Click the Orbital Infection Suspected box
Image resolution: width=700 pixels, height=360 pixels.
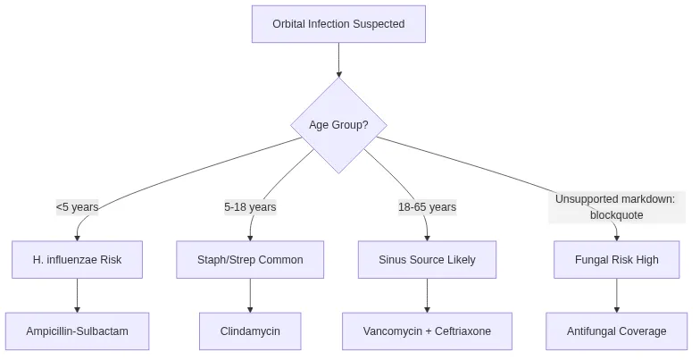(338, 24)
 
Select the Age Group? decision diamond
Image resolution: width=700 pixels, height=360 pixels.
(338, 125)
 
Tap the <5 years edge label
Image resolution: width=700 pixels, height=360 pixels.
(77, 207)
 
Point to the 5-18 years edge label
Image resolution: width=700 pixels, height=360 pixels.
(250, 207)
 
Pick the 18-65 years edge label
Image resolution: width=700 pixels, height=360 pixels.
(427, 207)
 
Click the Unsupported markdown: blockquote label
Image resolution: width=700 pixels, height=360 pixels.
(616, 206)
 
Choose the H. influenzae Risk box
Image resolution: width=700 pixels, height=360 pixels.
(77, 260)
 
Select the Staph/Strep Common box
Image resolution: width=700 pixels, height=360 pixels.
(250, 260)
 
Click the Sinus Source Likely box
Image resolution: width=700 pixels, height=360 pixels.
(427, 260)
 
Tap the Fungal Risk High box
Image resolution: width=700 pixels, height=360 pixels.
(617, 260)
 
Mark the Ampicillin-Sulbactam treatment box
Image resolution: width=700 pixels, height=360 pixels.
(77, 331)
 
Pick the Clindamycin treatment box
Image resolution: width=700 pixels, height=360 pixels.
(250, 331)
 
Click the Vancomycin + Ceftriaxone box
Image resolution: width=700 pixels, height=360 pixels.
(427, 331)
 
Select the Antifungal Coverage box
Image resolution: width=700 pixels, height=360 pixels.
(617, 331)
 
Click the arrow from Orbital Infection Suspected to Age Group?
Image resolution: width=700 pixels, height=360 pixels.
(338, 60)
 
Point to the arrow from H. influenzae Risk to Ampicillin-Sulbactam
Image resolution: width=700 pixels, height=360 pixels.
(77, 296)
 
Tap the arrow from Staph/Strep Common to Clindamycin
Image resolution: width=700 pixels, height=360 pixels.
(250, 296)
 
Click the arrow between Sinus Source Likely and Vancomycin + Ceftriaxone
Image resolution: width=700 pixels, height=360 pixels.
(427, 296)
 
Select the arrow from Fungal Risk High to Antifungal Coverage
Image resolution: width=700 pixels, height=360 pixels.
(617, 296)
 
